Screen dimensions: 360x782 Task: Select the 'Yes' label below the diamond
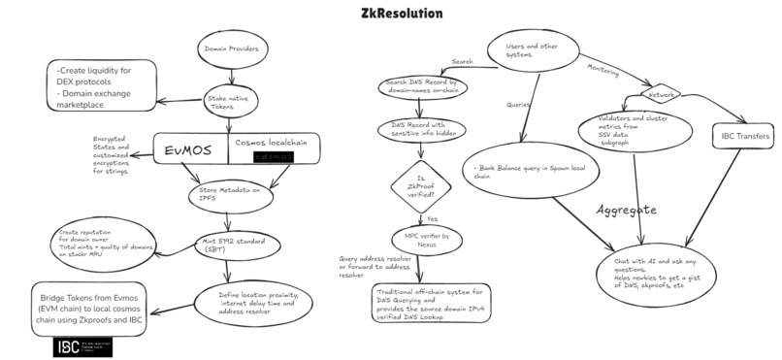pyautogui.click(x=434, y=219)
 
